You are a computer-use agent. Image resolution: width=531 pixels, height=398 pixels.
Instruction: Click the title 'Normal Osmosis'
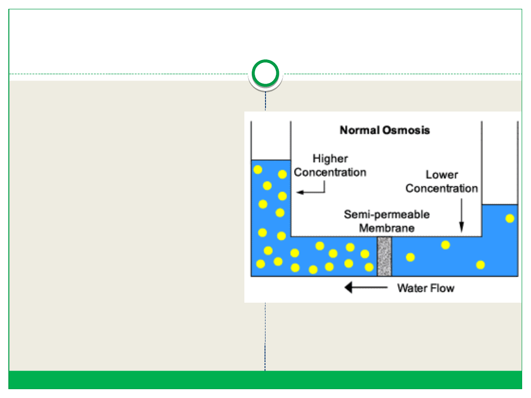click(384, 130)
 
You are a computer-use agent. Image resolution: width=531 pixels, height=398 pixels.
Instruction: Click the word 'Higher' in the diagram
click(330, 159)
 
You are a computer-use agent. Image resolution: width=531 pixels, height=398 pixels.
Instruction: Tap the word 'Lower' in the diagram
click(442, 174)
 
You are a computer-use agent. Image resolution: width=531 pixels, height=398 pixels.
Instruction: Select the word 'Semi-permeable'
click(386, 215)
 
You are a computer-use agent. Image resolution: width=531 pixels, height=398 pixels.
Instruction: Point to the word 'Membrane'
click(386, 228)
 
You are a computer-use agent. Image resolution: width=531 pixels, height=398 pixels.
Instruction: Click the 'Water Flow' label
click(425, 288)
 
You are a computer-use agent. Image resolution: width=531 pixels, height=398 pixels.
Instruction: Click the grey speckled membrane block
click(384, 256)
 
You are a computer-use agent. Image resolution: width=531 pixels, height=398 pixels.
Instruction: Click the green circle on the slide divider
click(265, 74)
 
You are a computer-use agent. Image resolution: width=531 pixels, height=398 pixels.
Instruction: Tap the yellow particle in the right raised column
click(510, 218)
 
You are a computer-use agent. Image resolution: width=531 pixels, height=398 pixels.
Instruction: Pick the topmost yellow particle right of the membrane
click(445, 245)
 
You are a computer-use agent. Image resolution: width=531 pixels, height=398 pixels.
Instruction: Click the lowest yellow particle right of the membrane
click(480, 265)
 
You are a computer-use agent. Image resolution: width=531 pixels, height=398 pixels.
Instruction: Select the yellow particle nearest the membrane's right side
click(410, 257)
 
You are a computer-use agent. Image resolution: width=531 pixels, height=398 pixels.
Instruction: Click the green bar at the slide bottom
click(265, 380)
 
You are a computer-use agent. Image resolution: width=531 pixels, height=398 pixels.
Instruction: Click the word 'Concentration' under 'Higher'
click(330, 172)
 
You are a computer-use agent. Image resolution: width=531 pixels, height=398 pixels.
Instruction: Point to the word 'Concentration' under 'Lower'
click(442, 188)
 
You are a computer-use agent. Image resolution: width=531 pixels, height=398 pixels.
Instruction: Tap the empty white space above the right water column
click(500, 162)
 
